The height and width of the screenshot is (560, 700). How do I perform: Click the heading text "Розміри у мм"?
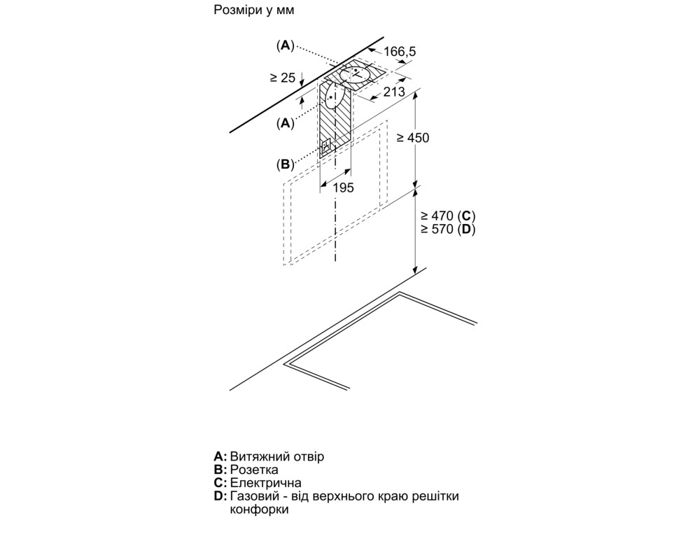253,10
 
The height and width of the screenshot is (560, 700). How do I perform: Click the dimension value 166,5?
400,51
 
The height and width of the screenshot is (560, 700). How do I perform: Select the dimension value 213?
394,92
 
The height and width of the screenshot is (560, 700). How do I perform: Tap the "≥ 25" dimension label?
283,78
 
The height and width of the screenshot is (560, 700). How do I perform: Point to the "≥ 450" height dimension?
413,138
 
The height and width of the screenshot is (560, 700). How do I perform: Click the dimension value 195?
343,188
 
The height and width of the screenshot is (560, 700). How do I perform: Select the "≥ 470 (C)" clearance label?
448,216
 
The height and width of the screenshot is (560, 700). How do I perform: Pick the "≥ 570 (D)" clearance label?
448,230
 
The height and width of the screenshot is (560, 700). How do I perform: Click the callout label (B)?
285,164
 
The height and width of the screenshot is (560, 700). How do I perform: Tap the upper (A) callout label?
285,45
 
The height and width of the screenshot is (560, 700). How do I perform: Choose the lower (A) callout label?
285,123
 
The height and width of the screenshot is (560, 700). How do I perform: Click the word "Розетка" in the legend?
254,470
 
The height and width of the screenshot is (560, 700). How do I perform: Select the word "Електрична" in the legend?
265,483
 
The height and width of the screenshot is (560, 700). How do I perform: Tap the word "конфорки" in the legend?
260,510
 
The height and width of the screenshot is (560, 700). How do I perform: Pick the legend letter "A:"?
220,456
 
